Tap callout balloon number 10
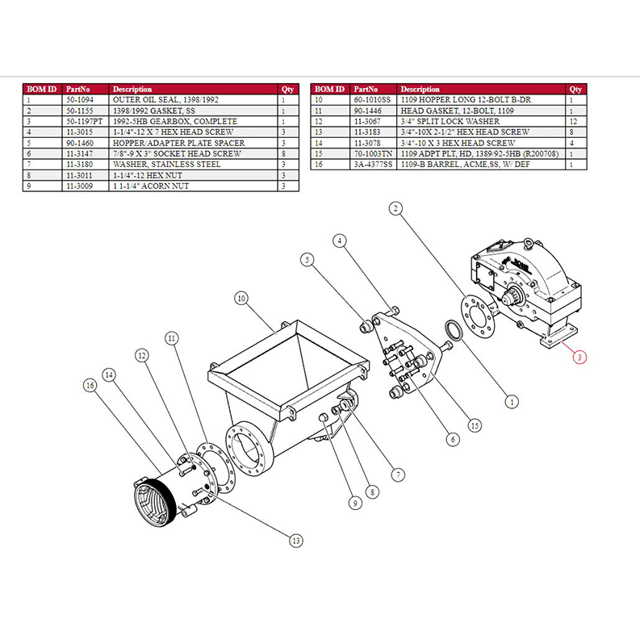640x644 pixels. [241, 299]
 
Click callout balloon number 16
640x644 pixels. [90, 386]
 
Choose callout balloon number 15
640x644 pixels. [475, 425]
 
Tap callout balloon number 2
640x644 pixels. [395, 208]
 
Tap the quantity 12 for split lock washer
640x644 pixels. [572, 121]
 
